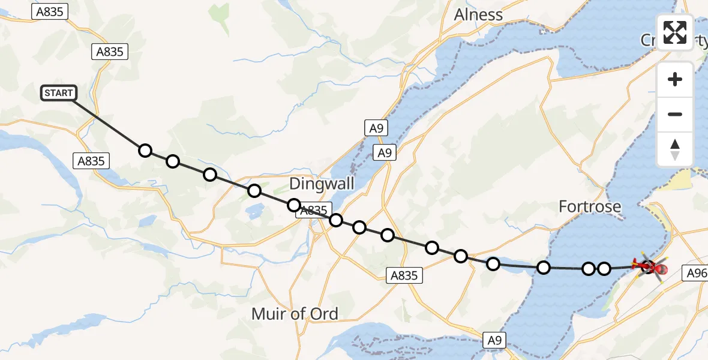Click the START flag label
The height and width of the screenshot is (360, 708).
click(x=59, y=93)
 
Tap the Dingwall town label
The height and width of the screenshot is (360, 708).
click(x=322, y=183)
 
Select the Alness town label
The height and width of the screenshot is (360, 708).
click(x=478, y=14)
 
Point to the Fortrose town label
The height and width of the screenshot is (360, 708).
click(x=590, y=207)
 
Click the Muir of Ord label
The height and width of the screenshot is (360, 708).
click(x=295, y=313)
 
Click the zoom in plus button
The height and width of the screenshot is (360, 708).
click(x=675, y=79)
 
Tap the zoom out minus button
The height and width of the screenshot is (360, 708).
click(x=675, y=114)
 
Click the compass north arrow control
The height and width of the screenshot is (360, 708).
click(x=675, y=149)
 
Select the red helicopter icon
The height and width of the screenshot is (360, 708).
click(x=649, y=266)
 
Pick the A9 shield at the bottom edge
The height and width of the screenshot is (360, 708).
click(x=494, y=340)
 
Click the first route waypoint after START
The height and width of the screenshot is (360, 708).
click(x=145, y=150)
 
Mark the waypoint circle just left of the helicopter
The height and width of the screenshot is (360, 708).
click(x=604, y=268)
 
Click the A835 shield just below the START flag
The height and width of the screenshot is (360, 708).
click(x=91, y=161)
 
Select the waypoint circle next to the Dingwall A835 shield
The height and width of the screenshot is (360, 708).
click(x=294, y=205)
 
